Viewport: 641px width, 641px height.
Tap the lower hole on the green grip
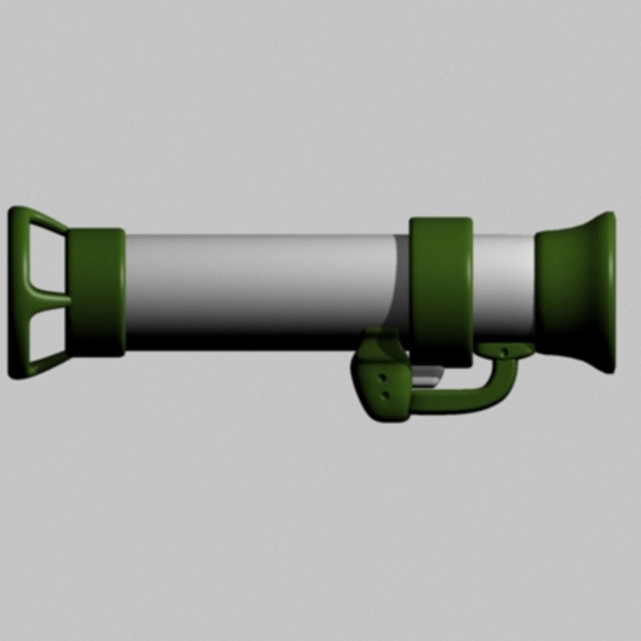click(385, 394)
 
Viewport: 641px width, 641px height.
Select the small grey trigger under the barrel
click(427, 376)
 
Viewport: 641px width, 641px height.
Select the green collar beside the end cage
click(96, 292)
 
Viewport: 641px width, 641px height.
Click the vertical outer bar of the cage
click(15, 292)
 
